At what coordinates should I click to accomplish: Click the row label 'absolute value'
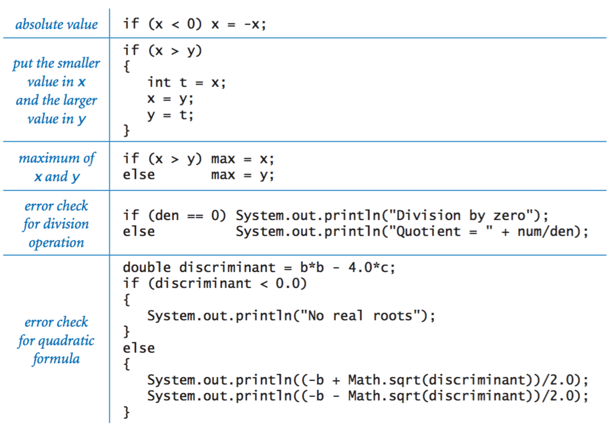[x=56, y=24]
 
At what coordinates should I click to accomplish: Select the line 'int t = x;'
[x=186, y=83]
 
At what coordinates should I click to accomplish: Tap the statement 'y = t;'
[x=170, y=115]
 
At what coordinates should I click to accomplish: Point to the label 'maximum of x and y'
[x=56, y=167]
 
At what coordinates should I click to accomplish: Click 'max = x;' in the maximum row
[x=242, y=159]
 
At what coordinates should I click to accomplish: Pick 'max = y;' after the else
[x=242, y=175]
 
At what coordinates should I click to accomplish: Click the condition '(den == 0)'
[x=187, y=215]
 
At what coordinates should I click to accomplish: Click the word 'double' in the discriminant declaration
[x=147, y=267]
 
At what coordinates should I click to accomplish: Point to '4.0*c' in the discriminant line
[x=371, y=267]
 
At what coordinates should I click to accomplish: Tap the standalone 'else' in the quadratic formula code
[x=139, y=348]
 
